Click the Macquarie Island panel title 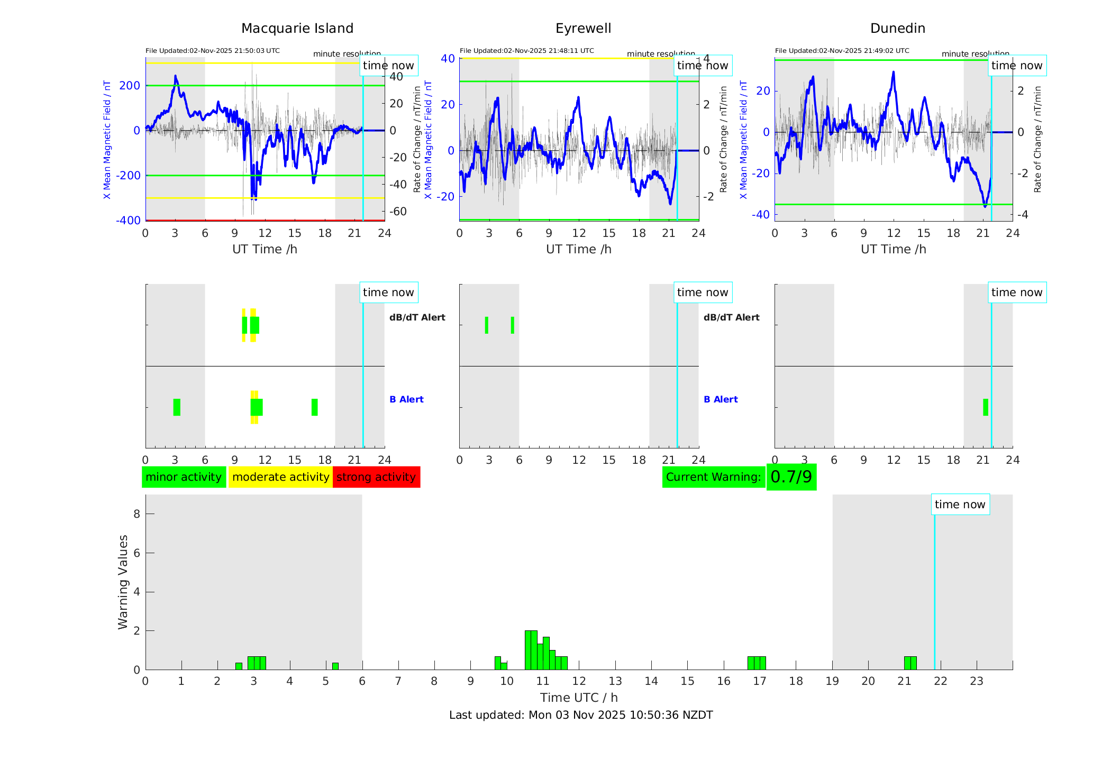[297, 29]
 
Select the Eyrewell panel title [583, 29]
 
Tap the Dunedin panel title [897, 29]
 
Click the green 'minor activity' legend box [184, 477]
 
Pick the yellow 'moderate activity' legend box [280, 477]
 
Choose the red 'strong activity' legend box [376, 477]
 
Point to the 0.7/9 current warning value [791, 477]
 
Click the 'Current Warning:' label [713, 477]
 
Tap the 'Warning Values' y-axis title [123, 582]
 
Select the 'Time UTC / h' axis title [579, 698]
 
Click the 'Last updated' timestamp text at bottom [581, 715]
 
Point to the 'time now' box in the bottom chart [960, 505]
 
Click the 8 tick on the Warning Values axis [136, 514]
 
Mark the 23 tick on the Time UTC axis [976, 681]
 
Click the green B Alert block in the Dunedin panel [985, 407]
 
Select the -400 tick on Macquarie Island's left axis [129, 220]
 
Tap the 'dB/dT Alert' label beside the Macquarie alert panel [417, 317]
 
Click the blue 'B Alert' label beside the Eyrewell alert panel [721, 399]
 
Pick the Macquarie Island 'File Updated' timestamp [213, 51]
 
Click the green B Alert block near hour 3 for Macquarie [177, 407]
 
